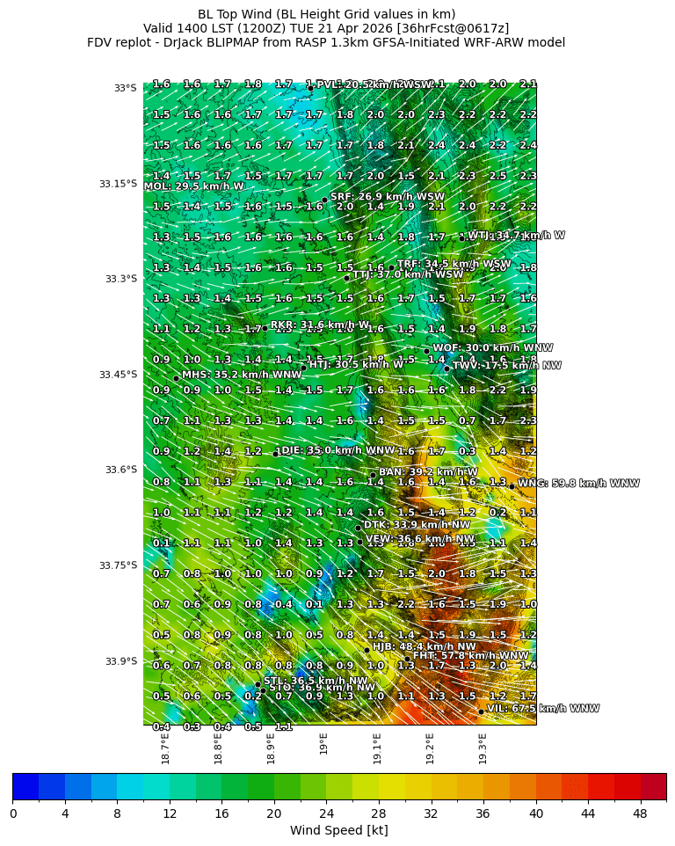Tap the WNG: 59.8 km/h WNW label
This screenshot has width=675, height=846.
click(578, 483)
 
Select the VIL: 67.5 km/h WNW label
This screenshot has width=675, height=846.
click(543, 708)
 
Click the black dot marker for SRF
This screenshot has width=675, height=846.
click(324, 200)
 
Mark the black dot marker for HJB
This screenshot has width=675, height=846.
click(367, 650)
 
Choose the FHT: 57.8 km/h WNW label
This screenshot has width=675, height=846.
click(471, 655)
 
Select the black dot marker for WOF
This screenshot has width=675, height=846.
click(426, 351)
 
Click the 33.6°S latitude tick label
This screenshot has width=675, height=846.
click(118, 470)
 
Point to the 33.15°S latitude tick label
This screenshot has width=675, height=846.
click(118, 184)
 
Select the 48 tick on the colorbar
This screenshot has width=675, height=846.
click(640, 813)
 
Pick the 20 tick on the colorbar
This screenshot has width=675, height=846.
click(273, 813)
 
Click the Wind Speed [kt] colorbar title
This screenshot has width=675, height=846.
click(338, 830)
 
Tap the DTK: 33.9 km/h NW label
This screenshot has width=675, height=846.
click(417, 524)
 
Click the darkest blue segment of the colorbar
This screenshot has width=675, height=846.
click(25, 786)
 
